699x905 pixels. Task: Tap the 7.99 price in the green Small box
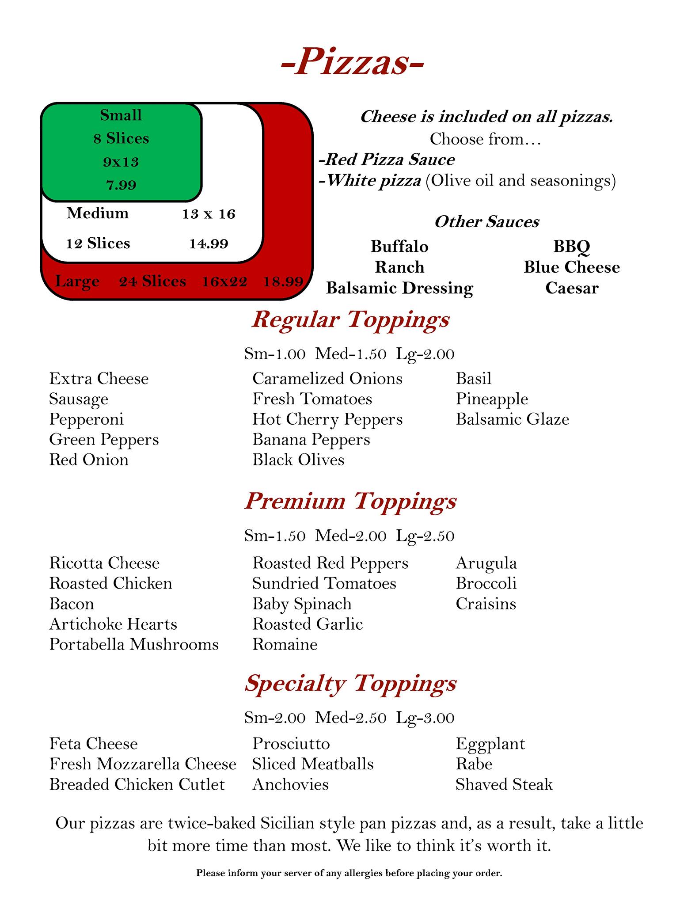pos(121,185)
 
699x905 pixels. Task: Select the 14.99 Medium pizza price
pos(209,243)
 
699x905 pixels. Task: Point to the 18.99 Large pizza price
pos(283,281)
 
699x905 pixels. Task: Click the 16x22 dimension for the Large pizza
pos(224,281)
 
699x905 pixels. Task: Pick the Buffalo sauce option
pos(399,246)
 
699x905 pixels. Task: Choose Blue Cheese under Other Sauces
pos(572,267)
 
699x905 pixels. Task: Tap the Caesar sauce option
pos(572,288)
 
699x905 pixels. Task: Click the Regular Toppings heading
pos(350,319)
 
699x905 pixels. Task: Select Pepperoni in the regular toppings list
pos(87,419)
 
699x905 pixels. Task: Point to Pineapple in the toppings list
pos(492,399)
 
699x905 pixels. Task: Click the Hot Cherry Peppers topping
pos(327,419)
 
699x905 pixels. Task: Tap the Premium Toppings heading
pos(350,501)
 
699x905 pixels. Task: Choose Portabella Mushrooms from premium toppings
pos(134,644)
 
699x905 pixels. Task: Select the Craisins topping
pos(486,604)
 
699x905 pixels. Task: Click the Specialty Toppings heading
pos(350,683)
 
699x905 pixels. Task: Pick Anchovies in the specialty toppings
pos(290,784)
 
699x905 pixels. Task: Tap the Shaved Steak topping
pos(504,784)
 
